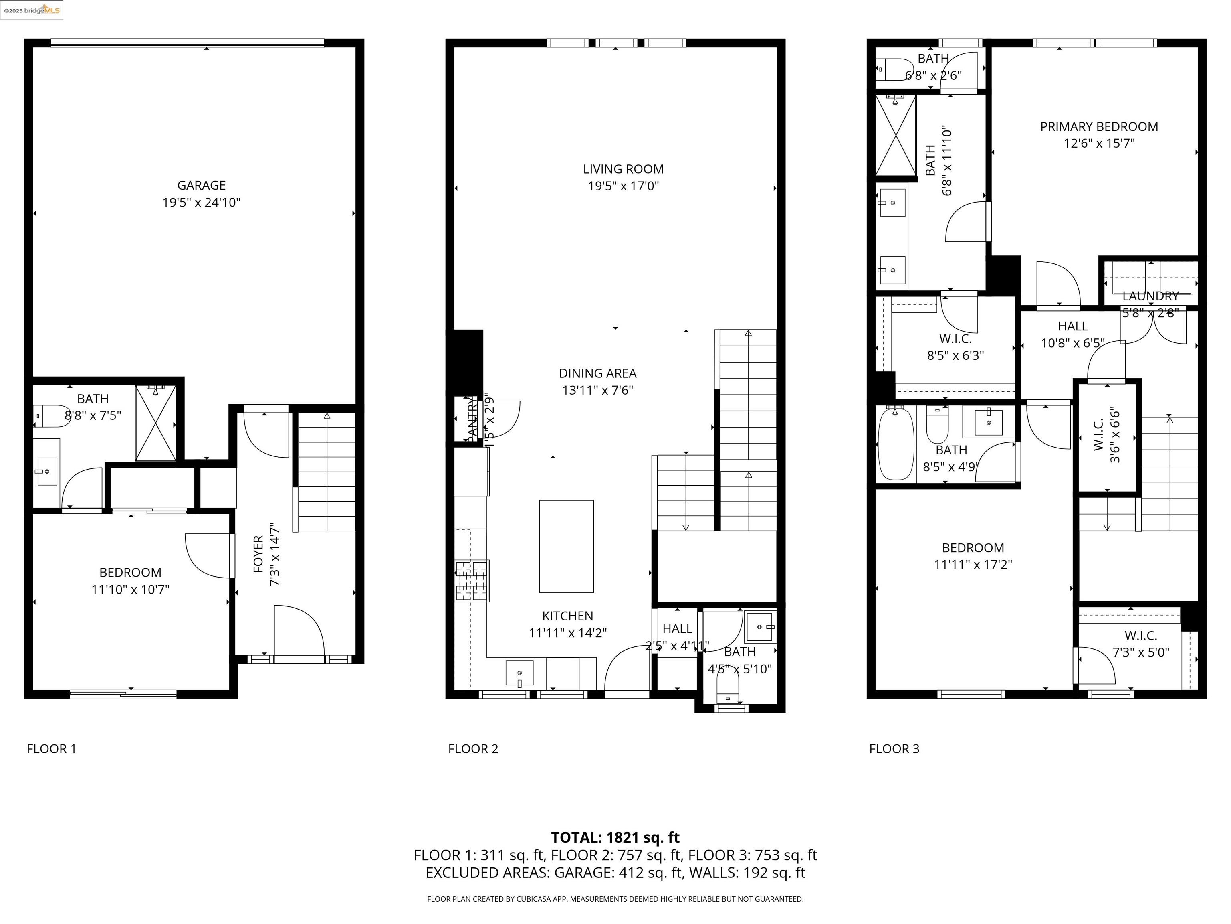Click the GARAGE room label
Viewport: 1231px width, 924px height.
point(202,185)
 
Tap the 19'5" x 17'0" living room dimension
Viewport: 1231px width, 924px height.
point(623,186)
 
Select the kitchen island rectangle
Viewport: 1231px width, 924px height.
point(566,546)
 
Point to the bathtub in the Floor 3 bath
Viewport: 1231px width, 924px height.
point(896,444)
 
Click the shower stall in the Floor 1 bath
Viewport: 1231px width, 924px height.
point(156,423)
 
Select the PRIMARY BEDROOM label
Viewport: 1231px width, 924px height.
point(1099,126)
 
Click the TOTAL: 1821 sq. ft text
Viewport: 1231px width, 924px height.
point(615,837)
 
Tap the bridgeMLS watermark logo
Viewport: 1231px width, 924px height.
point(32,10)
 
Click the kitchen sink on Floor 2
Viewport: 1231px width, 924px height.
point(519,673)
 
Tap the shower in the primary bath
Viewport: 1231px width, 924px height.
point(896,135)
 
